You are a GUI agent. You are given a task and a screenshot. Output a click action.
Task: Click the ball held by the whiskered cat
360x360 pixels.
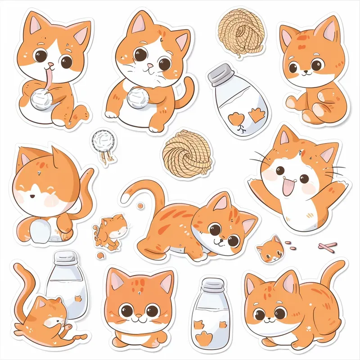pos(136,96)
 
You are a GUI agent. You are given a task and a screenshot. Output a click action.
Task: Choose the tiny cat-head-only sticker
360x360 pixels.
pos(271,249)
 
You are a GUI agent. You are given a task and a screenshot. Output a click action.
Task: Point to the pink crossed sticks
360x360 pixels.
pos(327,246)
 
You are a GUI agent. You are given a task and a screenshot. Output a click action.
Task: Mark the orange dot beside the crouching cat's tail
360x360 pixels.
pos(140,206)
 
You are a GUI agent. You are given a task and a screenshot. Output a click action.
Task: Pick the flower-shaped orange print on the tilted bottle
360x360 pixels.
pos(235,118)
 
